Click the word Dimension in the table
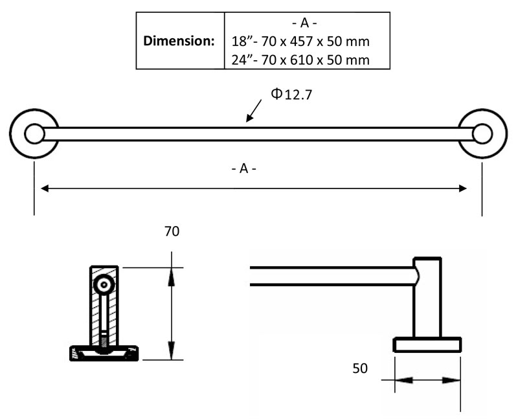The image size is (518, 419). tap(178, 40)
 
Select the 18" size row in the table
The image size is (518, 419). tap(300, 41)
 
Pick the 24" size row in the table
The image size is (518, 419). tap(300, 60)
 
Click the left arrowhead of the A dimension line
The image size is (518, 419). tap(45, 188)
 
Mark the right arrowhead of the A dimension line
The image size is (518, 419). tap(462, 188)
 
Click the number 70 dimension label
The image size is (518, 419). tap(172, 231)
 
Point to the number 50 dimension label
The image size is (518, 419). tap(360, 368)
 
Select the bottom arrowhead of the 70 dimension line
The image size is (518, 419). tap(172, 353)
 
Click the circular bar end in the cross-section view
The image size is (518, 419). tap(103, 284)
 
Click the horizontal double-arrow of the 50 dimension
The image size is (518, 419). tap(427, 380)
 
